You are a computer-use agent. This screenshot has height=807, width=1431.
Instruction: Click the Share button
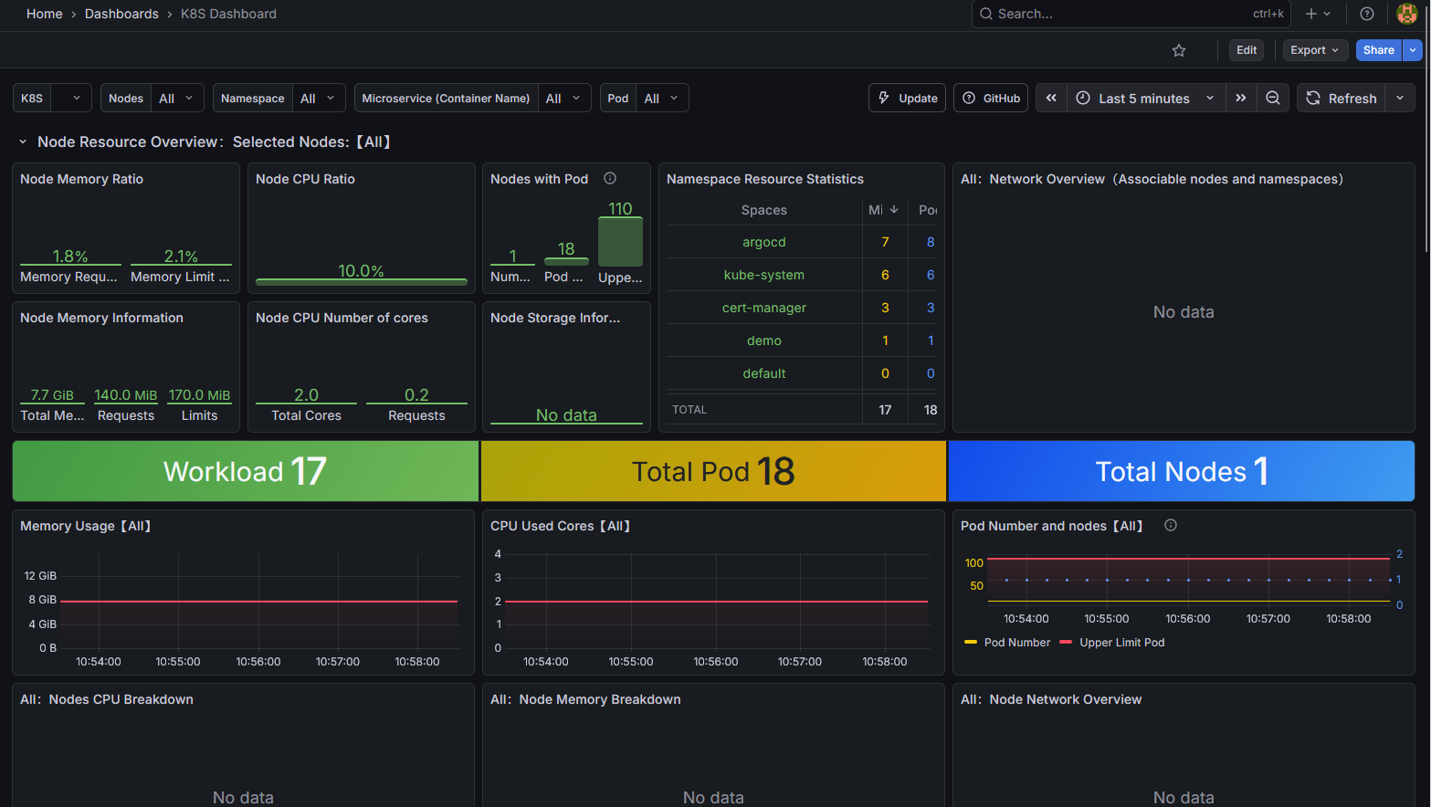[1378, 50]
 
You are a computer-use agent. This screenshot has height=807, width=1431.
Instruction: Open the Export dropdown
[1314, 50]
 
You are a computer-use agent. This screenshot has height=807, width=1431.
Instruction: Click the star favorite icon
[1179, 50]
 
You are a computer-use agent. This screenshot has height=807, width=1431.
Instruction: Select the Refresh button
[1342, 99]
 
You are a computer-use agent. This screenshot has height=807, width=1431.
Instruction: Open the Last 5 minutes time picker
[1144, 99]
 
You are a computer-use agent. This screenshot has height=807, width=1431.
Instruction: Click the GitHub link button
[991, 99]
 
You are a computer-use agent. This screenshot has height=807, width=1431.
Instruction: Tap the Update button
[907, 99]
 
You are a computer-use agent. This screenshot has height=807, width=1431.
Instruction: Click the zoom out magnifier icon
[1272, 99]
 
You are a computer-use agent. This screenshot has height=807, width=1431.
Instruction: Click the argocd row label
[763, 242]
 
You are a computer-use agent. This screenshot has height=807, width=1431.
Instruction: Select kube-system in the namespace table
[763, 275]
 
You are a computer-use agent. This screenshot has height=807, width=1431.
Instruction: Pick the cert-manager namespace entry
[763, 308]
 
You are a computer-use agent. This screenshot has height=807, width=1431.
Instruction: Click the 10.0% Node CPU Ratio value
[361, 271]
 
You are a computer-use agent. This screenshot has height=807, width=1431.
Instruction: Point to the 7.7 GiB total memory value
[52, 395]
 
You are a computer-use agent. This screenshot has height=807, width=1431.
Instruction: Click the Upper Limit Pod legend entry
[1121, 643]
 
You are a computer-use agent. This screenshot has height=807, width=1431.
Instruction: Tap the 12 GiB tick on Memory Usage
[40, 576]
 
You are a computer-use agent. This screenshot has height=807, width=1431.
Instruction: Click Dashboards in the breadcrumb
[121, 14]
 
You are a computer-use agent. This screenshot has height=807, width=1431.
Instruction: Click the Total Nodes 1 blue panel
[1181, 471]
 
